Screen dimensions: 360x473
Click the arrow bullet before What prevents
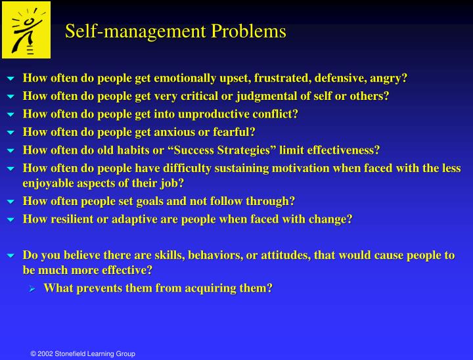(x=33, y=288)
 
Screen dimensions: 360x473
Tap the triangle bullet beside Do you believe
(x=10, y=255)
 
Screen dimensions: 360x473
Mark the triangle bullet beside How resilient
(x=10, y=219)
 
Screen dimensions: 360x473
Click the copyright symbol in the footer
(x=34, y=354)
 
